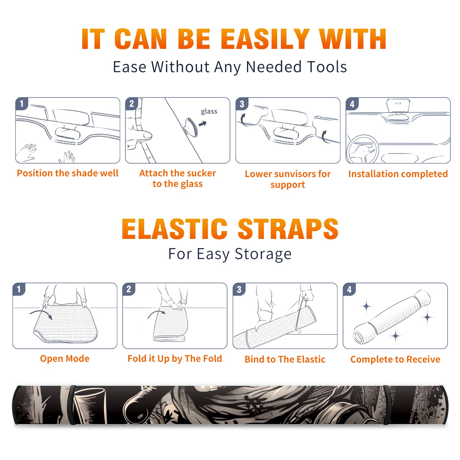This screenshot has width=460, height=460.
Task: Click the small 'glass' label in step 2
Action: (x=209, y=112)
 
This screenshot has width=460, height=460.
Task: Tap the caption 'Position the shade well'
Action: (x=68, y=173)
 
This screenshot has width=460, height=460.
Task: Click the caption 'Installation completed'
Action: (x=398, y=174)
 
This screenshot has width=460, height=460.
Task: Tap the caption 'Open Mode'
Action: (x=65, y=359)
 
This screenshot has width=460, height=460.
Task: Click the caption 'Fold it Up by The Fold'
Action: (x=175, y=359)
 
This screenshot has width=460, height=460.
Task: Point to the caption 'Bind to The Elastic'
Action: (x=285, y=359)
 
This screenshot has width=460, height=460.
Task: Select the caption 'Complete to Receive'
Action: (x=395, y=359)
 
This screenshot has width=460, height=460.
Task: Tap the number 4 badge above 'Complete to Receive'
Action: (x=349, y=289)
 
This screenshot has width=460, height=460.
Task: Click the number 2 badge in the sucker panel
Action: (x=132, y=103)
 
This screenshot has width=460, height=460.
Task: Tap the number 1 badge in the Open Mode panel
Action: (x=19, y=289)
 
